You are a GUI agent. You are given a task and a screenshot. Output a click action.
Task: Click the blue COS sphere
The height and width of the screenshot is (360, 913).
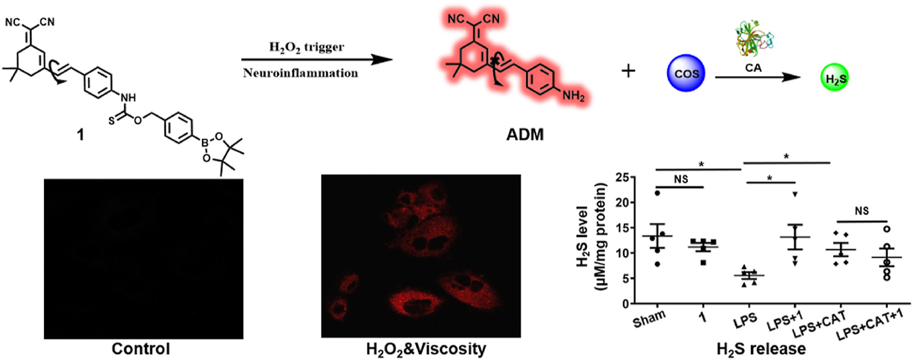coord(686,73)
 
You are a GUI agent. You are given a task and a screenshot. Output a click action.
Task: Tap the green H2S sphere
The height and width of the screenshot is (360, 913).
coord(834,77)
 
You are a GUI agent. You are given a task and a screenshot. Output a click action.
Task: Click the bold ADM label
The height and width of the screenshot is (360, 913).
coord(525,134)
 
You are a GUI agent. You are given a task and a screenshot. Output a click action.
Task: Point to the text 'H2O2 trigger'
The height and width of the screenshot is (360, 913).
coord(306,47)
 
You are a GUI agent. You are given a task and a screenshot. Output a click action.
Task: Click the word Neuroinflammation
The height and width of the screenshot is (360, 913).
coord(300,73)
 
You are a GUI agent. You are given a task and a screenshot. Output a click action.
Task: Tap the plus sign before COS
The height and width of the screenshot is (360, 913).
coord(628,71)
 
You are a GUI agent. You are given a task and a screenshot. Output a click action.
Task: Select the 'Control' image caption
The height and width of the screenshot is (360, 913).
coord(141,349)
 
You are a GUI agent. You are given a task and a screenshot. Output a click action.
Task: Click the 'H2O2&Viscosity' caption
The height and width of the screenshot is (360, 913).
coord(426,349)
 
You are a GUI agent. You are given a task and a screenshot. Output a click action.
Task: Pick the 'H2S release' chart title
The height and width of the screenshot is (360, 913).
coord(761,349)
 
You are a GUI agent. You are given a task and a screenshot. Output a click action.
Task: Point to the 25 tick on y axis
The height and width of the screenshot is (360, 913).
coord(622,178)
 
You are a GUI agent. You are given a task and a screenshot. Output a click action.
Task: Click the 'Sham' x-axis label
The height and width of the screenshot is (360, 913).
coord(649,319)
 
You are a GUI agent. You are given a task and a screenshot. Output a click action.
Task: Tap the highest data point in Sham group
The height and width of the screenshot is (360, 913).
coord(657,193)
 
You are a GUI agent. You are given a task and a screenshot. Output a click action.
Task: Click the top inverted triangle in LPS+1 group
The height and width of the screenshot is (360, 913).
coord(795,194)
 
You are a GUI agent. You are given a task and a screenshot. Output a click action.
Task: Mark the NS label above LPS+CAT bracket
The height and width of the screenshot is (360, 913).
coord(861,211)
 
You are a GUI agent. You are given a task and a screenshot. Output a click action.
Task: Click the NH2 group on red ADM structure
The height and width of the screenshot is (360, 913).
coord(573,96)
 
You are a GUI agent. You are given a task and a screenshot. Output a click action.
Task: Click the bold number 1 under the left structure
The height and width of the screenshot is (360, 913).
coord(80,134)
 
